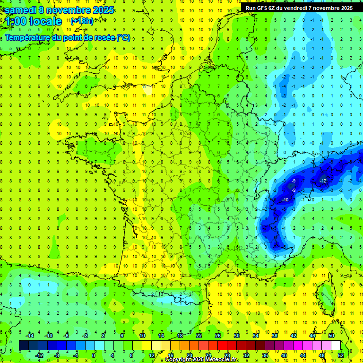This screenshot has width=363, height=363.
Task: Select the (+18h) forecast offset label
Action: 82,21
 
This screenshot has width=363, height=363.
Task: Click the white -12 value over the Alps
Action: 323,181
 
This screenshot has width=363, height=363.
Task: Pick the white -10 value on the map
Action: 285,200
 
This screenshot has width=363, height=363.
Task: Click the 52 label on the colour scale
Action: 341,355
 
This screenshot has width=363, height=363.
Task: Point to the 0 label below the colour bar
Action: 94,355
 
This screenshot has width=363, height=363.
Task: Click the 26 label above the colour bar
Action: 218,336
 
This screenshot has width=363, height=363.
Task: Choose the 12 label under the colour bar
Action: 151,355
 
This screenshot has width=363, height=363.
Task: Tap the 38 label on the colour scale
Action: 275,336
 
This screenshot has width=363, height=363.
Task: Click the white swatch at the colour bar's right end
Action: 336,346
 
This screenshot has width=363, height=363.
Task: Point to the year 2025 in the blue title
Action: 100,9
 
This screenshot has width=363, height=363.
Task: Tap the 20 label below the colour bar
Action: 190,355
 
